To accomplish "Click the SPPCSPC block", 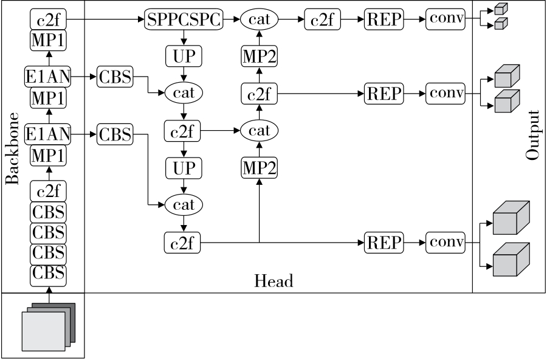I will click(x=184, y=20).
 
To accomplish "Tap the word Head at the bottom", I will click(x=273, y=280).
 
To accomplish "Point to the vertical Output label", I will click(x=533, y=135).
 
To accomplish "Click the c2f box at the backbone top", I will click(x=48, y=20).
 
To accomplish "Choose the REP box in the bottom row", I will click(x=384, y=243).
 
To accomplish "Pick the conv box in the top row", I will click(x=445, y=20).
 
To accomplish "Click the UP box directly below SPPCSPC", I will click(x=183, y=57).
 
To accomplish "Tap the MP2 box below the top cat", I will click(x=260, y=57).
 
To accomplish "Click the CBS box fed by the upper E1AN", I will click(x=115, y=77).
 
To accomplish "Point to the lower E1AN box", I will click(x=48, y=133).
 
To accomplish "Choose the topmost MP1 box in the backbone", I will click(x=48, y=40).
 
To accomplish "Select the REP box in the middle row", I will click(x=384, y=94).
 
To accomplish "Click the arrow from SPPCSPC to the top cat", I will click(x=232, y=20).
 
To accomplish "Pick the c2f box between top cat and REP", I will click(x=322, y=20).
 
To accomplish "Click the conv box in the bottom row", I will click(x=445, y=243).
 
